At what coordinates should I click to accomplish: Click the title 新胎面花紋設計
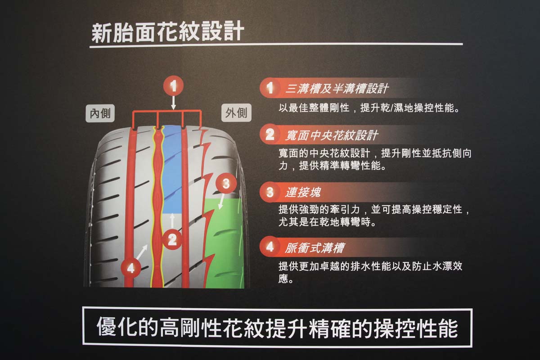click(x=168, y=32)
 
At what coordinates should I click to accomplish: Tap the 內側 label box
click(x=100, y=113)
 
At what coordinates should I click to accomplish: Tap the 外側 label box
click(x=236, y=112)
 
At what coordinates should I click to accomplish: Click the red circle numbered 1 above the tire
click(x=173, y=86)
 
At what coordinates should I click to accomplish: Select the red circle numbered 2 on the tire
click(x=172, y=240)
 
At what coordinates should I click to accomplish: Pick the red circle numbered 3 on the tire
click(x=226, y=184)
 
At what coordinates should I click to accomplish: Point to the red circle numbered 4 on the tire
click(x=131, y=268)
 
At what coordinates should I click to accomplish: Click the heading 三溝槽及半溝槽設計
click(x=337, y=89)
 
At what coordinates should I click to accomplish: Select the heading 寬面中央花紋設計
click(x=332, y=135)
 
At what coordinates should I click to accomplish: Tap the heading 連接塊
click(x=303, y=192)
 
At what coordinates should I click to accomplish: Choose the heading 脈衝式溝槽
click(x=315, y=248)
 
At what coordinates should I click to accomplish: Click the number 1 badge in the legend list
click(x=270, y=88)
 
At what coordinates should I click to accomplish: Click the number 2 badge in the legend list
click(x=270, y=134)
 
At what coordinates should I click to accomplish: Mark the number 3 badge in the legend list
click(x=270, y=192)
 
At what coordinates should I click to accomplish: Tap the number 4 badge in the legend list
click(x=270, y=247)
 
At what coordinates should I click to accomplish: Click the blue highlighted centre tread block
click(x=171, y=169)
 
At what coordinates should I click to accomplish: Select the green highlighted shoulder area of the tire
click(x=224, y=243)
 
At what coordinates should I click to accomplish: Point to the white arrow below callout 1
click(x=173, y=103)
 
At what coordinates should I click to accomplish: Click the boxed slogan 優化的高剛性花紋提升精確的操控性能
click(x=277, y=328)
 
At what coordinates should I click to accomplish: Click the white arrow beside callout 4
click(x=142, y=252)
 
